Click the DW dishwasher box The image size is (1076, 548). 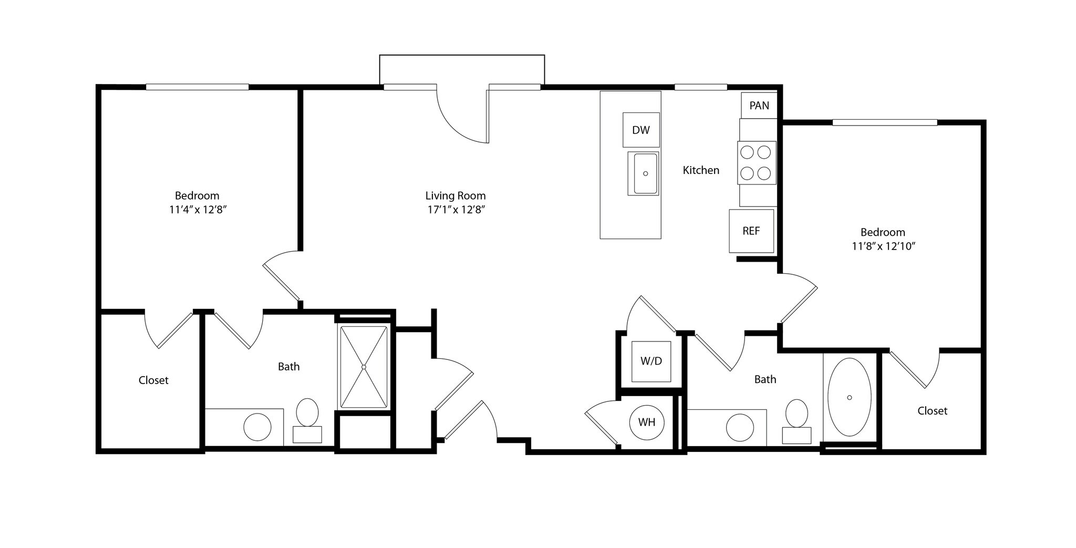click(640, 130)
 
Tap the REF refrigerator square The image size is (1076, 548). click(751, 231)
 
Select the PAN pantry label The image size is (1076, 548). click(759, 106)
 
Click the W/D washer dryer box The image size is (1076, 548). click(651, 361)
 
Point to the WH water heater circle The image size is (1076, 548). click(647, 422)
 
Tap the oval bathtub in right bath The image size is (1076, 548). click(849, 397)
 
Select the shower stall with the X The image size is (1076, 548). click(364, 367)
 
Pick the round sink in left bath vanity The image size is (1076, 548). click(257, 427)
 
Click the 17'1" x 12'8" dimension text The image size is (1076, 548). click(455, 210)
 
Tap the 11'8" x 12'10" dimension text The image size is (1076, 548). click(883, 246)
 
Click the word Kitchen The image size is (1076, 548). click(700, 170)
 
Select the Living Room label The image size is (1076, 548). click(455, 196)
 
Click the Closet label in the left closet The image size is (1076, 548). click(153, 380)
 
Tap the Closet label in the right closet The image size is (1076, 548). click(932, 411)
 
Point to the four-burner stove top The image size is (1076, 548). click(756, 162)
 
